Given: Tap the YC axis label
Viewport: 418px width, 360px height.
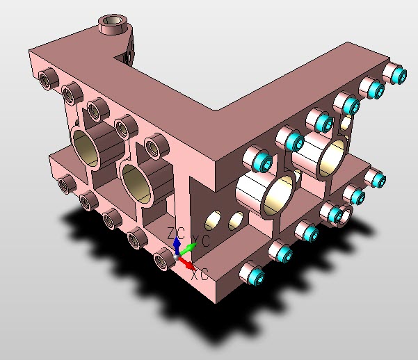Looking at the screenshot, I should click(202, 240).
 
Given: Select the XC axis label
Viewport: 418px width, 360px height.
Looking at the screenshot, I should click(200, 274).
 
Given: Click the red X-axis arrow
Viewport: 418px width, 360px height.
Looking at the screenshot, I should click(189, 264).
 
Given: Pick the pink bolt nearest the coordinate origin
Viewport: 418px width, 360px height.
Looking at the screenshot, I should click(163, 259).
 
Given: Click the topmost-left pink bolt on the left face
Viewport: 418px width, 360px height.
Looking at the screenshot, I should click(47, 79).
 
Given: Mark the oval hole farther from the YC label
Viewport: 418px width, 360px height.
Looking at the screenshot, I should click(236, 220).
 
